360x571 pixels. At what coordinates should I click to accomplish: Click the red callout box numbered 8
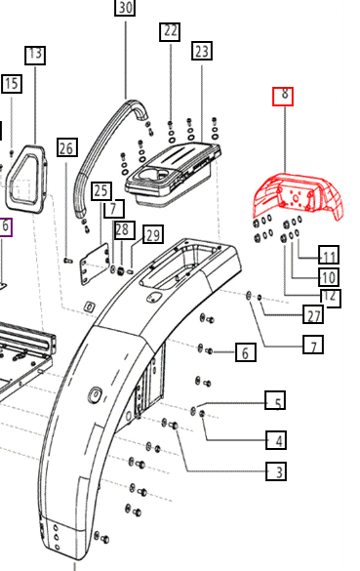tap(283, 97)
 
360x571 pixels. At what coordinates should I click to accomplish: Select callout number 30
tap(125, 7)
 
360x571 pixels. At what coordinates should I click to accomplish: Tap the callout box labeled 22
tap(170, 32)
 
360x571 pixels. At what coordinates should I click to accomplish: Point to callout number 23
tap(202, 51)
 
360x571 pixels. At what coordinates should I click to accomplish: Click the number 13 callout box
tap(35, 56)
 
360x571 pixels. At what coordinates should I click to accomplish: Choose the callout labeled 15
tap(12, 84)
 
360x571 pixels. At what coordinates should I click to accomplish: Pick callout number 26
tap(67, 147)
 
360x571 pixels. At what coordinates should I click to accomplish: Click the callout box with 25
tap(101, 191)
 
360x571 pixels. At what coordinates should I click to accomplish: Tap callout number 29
tap(153, 235)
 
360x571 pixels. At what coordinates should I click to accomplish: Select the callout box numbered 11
tap(329, 255)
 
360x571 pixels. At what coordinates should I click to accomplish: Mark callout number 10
tap(329, 277)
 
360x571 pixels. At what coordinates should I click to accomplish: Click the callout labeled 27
tap(313, 314)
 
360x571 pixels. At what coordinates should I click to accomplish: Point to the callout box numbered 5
tap(275, 400)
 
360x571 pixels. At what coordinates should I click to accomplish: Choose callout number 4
tap(276, 440)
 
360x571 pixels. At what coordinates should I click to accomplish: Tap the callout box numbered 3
tap(276, 471)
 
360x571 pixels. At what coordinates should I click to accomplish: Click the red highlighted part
tap(299, 196)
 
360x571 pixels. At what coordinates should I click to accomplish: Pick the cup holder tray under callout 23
tap(171, 173)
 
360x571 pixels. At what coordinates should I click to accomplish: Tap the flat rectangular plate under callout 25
tap(95, 264)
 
